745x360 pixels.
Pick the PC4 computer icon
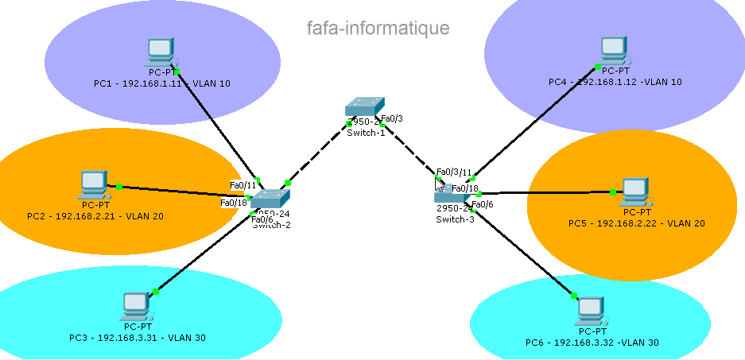point(613,50)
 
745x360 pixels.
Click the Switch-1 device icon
point(364,109)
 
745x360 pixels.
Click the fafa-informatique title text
point(378,29)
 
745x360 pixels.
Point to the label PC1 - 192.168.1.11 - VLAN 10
point(161,83)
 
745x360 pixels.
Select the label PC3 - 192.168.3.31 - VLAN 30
point(137,338)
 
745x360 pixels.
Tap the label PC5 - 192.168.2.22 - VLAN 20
point(636,223)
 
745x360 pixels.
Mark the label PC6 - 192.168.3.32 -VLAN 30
point(592,343)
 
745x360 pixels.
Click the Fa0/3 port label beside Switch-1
point(393,118)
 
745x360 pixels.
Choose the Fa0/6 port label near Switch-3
point(483,204)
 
